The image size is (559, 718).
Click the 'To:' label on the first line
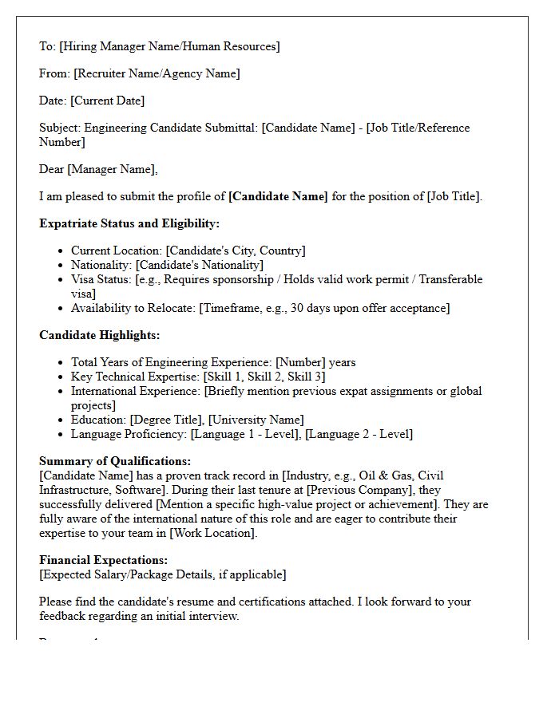47,46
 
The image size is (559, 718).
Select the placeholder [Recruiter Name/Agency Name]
157,73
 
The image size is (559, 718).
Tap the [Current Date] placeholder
108,101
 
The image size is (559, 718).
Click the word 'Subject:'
60,128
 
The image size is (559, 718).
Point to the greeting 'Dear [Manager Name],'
98,169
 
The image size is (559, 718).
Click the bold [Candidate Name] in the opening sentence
278,196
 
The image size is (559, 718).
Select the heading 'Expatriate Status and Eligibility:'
129,223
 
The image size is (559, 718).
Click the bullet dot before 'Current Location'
61,251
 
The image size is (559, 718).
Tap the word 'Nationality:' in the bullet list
101,265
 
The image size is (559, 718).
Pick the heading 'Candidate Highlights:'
100,335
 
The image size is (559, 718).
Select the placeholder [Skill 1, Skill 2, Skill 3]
264,377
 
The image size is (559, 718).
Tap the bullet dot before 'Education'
61,420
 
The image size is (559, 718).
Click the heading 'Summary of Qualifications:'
115,461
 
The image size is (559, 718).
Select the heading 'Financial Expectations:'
104,560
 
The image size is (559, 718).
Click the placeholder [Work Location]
212,533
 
